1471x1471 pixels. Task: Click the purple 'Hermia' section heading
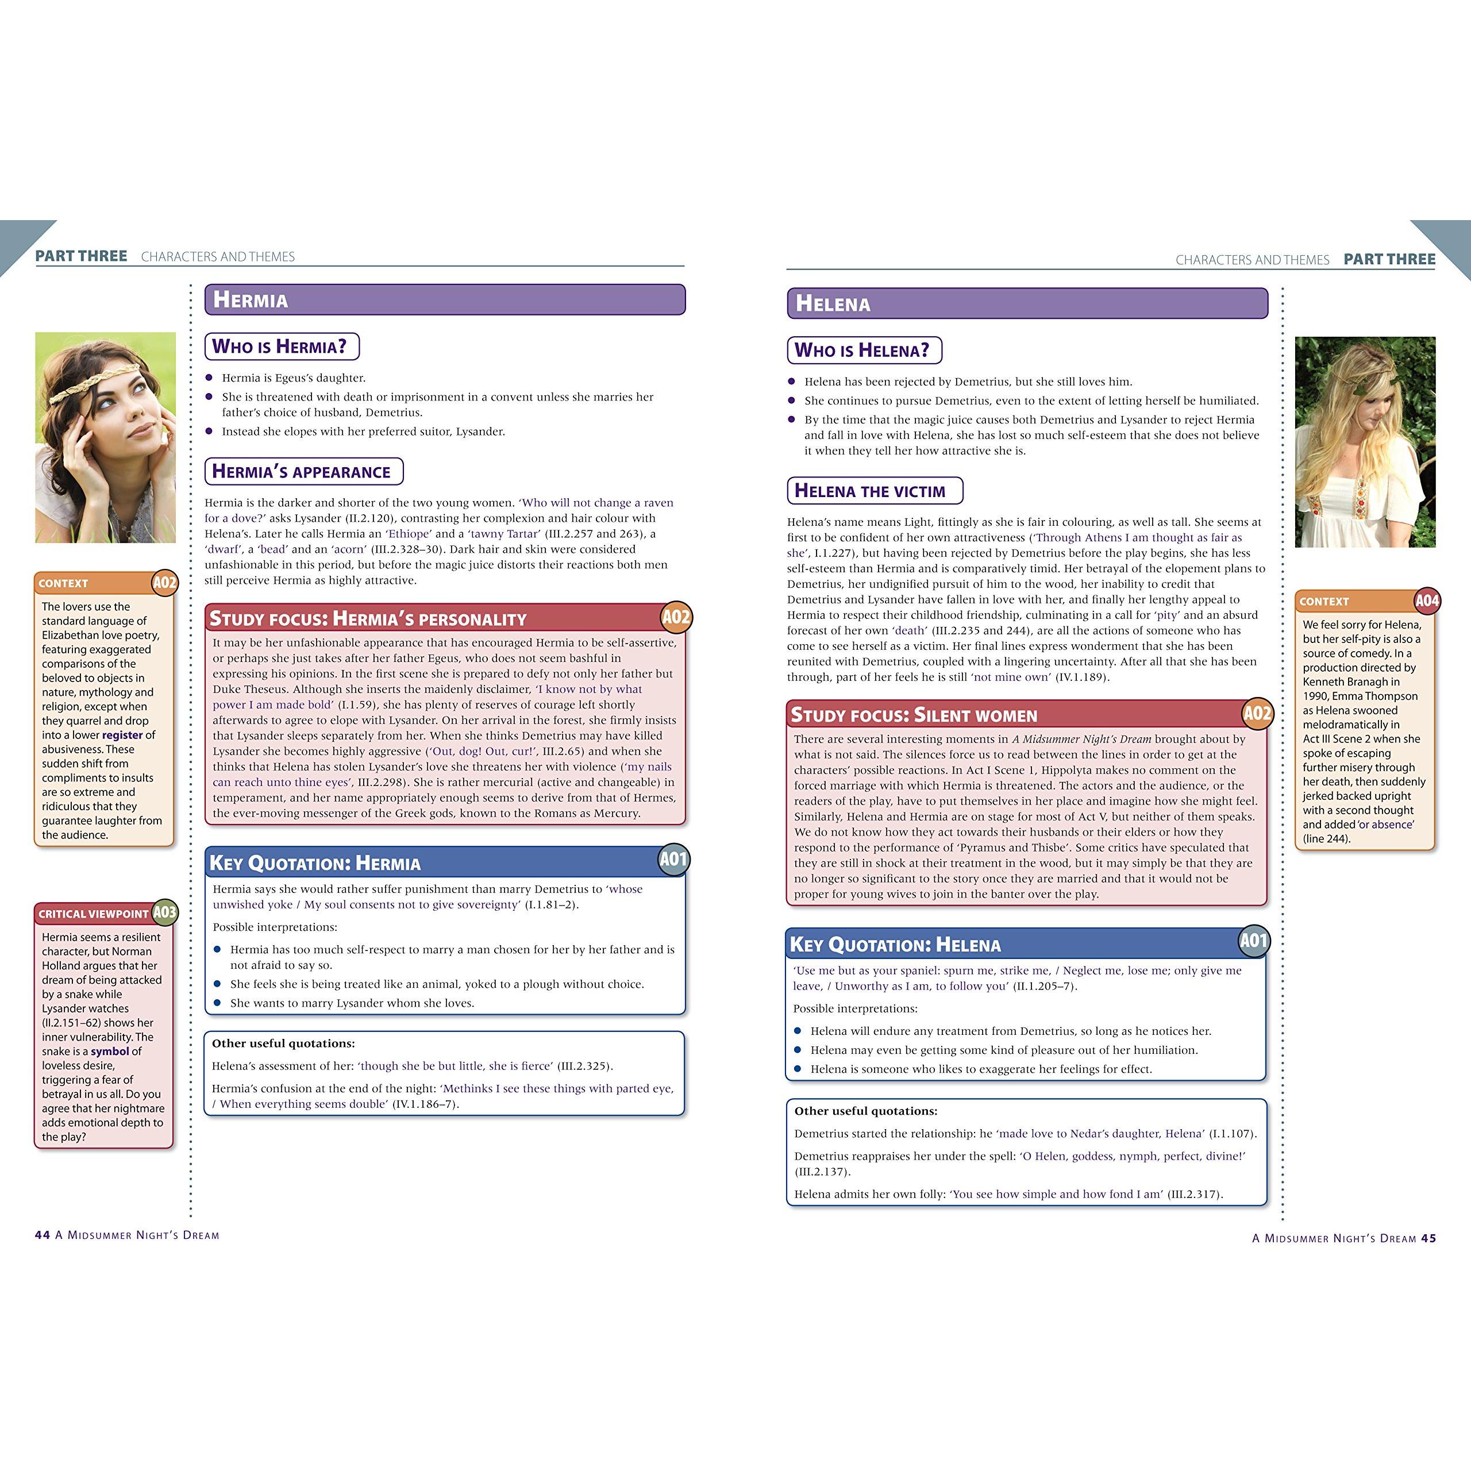pos(251,299)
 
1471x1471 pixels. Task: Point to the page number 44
pos(43,1235)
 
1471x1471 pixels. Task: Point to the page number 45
pos(1428,1238)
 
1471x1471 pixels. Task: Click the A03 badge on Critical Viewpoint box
pos(164,912)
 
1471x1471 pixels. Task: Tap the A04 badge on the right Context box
pos(1427,600)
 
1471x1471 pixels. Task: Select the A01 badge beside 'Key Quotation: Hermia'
pos(673,860)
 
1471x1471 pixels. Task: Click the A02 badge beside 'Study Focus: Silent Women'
pos(1257,714)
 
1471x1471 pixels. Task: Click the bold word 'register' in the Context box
pos(122,735)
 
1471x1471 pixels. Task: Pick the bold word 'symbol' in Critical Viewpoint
pos(110,1052)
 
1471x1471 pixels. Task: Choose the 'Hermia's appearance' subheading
pos(302,471)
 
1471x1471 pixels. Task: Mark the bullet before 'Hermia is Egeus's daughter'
pos(209,378)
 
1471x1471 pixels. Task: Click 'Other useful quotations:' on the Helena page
pos(866,1111)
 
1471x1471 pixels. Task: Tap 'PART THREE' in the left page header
pos(82,256)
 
